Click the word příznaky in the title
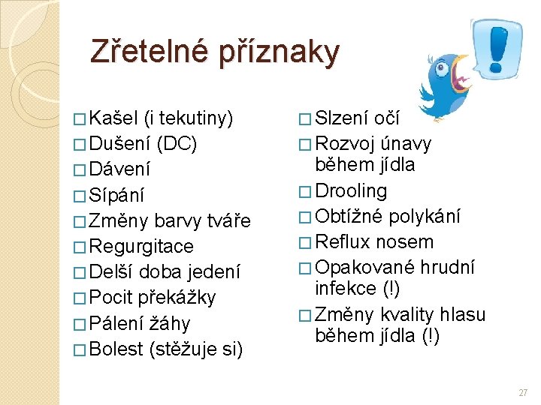point(280,52)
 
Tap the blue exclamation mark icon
point(497,46)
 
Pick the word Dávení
point(119,169)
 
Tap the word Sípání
point(116,195)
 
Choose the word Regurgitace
point(141,247)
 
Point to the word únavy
point(406,143)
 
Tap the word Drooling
point(352,191)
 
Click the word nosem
point(405,242)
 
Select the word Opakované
point(364,268)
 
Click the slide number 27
point(524,392)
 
